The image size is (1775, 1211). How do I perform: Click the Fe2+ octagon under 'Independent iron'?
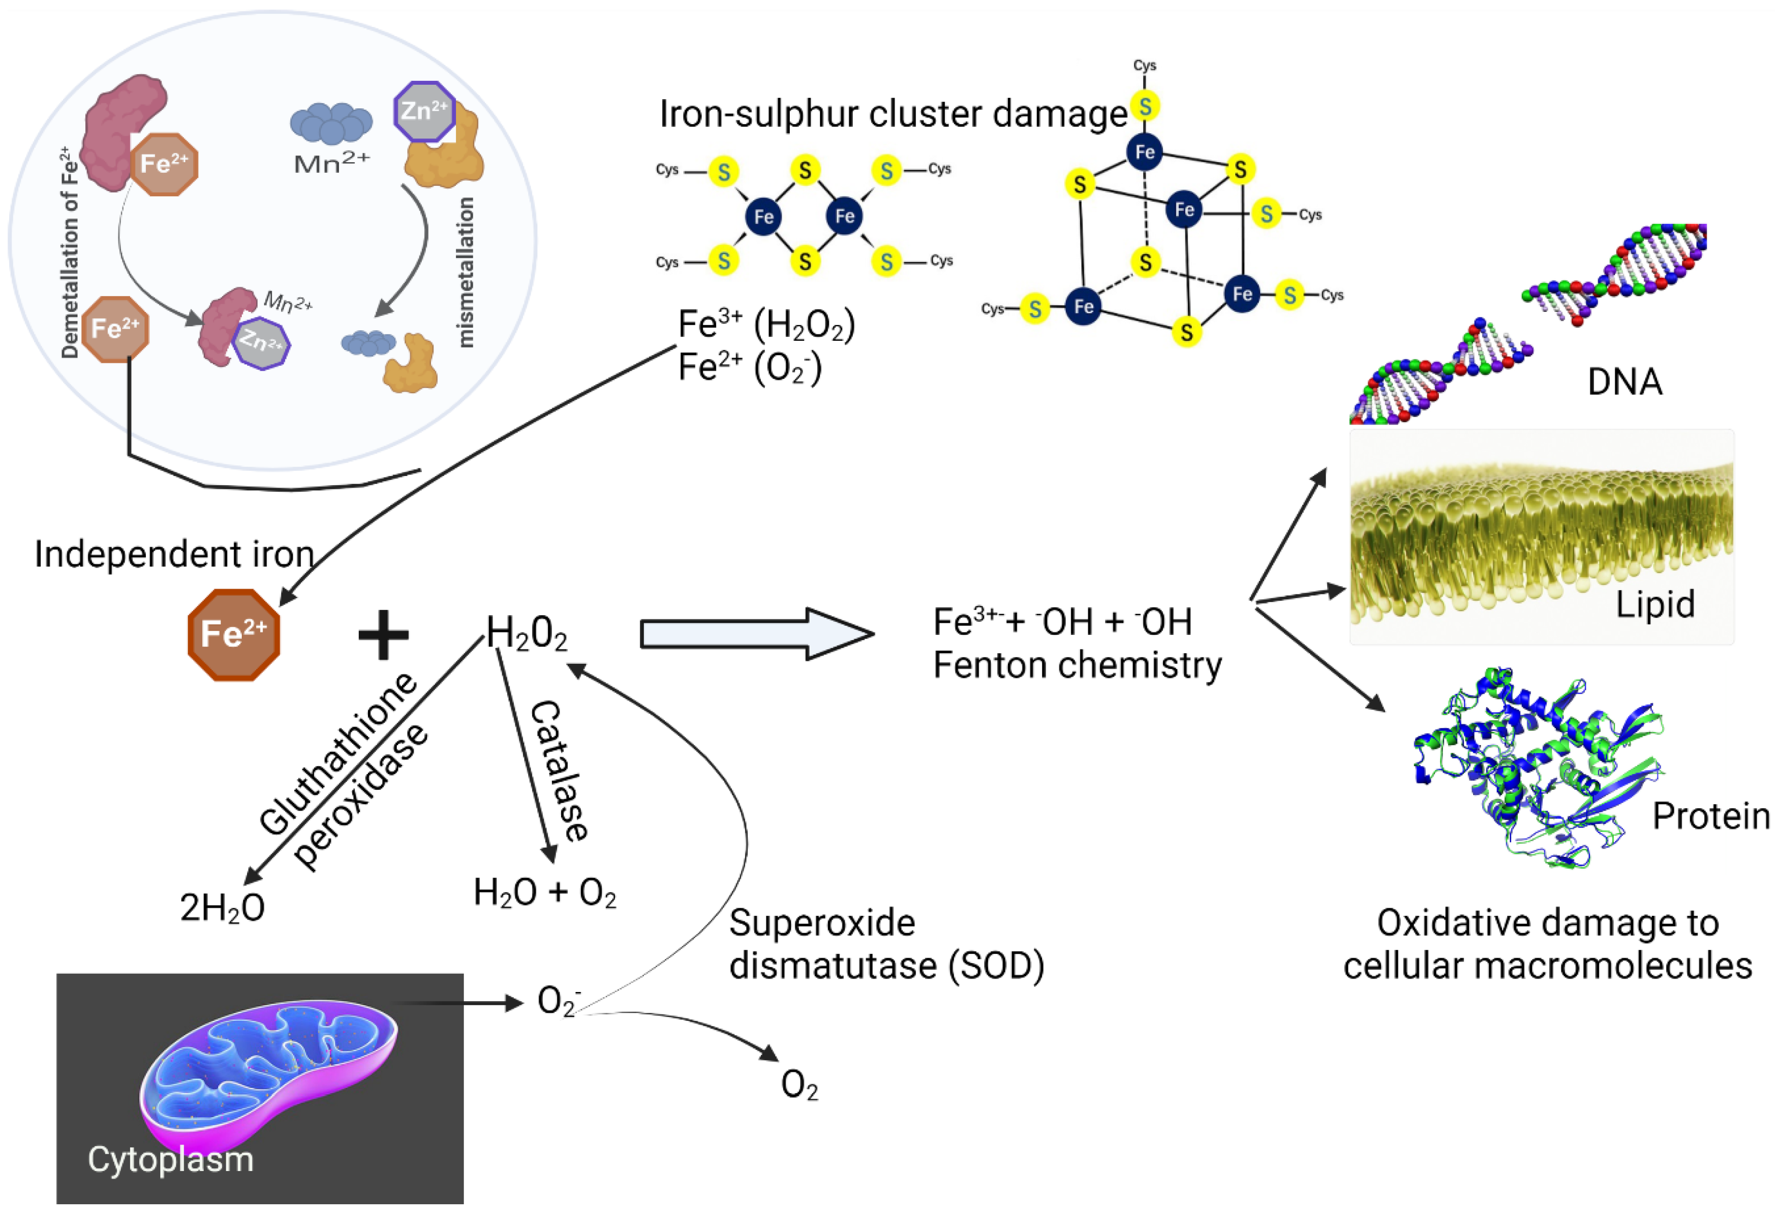click(234, 634)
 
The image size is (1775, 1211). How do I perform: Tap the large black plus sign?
click(383, 634)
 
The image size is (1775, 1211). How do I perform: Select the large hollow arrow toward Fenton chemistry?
click(756, 634)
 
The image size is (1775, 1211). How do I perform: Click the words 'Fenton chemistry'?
click(1077, 665)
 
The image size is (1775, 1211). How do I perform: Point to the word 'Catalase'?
click(559, 771)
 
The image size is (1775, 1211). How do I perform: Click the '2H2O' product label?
click(222, 908)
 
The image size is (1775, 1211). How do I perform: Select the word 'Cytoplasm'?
click(170, 1159)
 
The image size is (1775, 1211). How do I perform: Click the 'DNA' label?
click(1625, 382)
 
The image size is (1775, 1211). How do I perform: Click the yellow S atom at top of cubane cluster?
click(1145, 106)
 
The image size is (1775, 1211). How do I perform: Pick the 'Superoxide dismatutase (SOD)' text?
click(886, 944)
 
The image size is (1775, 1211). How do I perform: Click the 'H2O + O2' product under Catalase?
click(545, 892)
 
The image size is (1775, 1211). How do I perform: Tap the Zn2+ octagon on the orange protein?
click(425, 112)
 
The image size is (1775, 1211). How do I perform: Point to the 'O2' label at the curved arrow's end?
click(799, 1085)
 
